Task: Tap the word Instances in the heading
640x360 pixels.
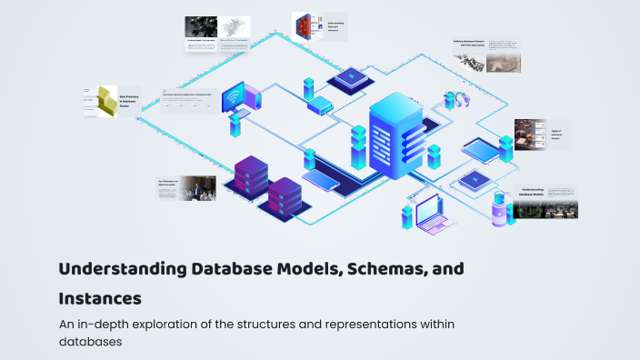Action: tap(100, 297)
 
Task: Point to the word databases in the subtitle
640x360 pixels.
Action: tap(89, 342)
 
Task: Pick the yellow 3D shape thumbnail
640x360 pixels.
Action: tap(106, 103)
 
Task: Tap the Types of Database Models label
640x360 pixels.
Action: tap(556, 135)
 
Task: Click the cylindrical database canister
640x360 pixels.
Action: tap(498, 210)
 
